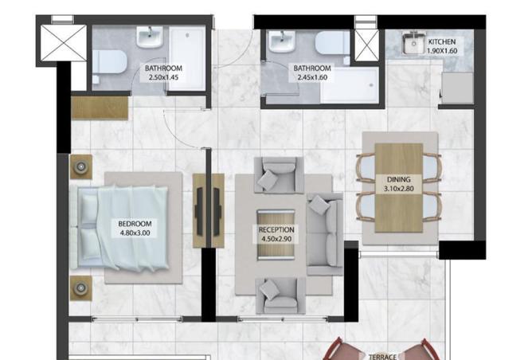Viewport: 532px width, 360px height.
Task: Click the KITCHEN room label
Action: tap(442, 41)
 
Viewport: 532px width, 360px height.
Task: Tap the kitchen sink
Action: tap(413, 43)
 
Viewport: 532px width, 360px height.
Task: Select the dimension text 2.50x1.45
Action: tap(163, 77)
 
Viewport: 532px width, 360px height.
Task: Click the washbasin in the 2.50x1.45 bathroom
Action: tap(150, 37)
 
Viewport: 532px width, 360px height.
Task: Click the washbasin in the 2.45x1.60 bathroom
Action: tap(282, 41)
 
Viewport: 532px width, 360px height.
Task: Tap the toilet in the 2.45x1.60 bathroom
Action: tap(332, 43)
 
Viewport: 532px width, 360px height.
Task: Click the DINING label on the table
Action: tap(399, 179)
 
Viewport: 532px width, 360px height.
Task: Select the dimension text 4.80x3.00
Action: tap(135, 233)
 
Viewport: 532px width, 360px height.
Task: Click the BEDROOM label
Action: tap(135, 224)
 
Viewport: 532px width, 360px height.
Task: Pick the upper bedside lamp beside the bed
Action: tap(81, 166)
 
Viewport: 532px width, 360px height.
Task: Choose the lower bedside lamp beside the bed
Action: tap(81, 288)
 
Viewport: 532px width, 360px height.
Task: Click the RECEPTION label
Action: tap(276, 229)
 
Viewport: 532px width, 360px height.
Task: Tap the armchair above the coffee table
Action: tap(279, 175)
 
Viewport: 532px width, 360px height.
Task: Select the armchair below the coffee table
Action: tap(280, 295)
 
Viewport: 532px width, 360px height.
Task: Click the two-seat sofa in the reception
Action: tap(325, 234)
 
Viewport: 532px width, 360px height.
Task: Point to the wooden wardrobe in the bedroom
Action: tap(100, 108)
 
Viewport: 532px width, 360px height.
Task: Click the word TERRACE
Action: tap(383, 357)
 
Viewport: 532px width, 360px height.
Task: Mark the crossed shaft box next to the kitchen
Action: tap(366, 45)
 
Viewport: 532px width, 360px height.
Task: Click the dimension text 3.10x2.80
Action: tap(399, 189)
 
